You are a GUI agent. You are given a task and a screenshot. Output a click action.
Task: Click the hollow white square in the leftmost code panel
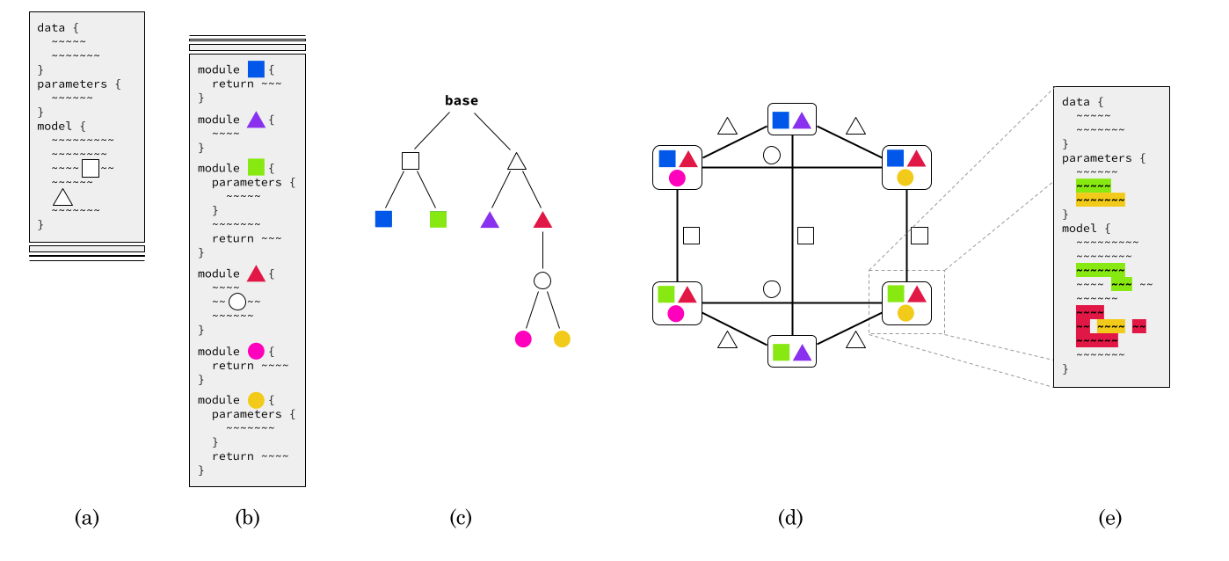point(91,168)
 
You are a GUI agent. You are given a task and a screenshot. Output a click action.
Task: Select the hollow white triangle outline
point(62,198)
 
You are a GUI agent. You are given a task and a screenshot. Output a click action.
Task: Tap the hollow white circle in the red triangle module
point(237,302)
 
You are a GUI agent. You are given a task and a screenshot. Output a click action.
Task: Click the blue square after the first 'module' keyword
point(256,69)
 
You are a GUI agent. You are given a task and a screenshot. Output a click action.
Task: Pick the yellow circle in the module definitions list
point(256,400)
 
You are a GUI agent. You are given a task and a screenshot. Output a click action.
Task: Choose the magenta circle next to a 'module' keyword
point(256,351)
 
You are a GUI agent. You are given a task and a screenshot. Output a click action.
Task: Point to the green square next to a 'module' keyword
point(256,167)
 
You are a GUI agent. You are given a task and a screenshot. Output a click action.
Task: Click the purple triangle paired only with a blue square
point(802,121)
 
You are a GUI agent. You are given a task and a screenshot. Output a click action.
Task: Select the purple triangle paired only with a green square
point(802,353)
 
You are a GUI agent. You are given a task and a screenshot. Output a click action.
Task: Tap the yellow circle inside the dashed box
point(905,313)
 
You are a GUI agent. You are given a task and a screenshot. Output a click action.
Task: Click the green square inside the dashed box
point(896,294)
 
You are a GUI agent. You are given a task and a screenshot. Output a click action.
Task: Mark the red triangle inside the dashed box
point(917,295)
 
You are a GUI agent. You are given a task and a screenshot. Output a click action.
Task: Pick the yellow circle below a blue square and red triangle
point(905,178)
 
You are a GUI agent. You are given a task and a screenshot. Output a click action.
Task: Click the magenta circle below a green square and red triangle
point(676,314)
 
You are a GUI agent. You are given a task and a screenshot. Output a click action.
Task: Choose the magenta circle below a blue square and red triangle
point(677,178)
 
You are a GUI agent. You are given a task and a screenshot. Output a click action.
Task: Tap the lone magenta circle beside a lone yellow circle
point(523,339)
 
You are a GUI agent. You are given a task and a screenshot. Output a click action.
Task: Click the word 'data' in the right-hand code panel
point(1075,102)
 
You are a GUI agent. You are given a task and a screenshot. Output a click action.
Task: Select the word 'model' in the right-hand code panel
point(1079,229)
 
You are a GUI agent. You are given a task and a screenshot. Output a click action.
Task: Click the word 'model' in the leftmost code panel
point(55,127)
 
